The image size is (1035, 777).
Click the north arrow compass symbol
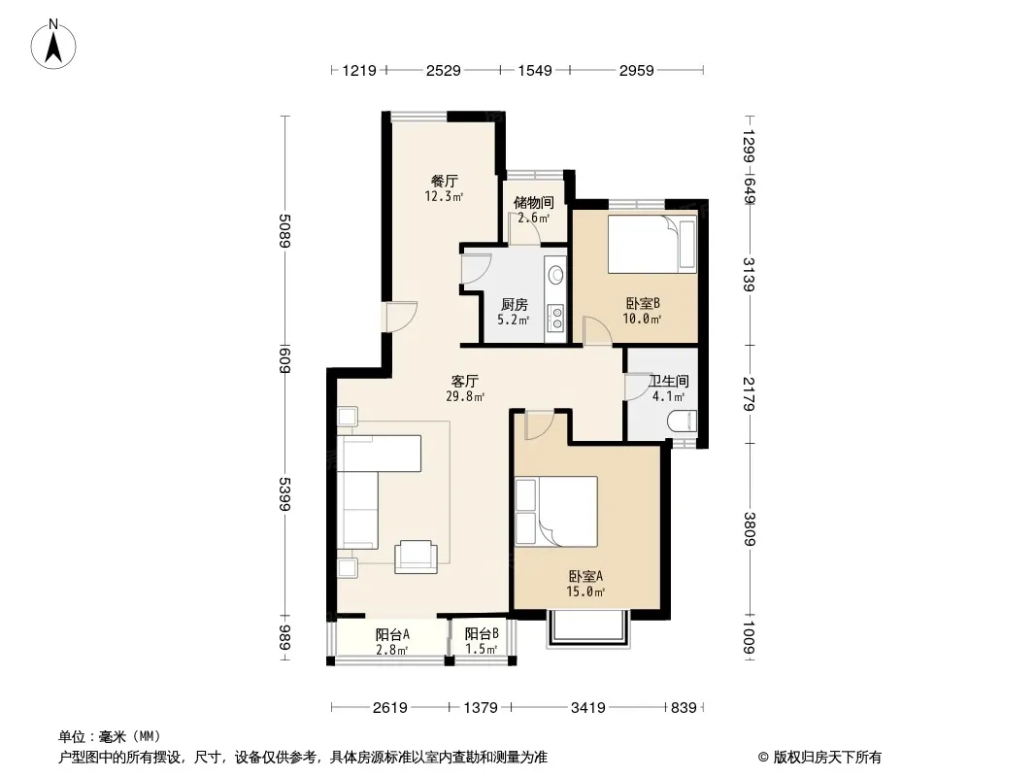[53, 45]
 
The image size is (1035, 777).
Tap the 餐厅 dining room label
[445, 181]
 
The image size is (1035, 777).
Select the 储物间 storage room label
[533, 203]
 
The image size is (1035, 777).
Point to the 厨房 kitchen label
[515, 304]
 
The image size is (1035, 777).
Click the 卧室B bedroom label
[643, 303]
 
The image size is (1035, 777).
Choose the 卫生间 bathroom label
[669, 381]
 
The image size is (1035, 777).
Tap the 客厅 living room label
[465, 381]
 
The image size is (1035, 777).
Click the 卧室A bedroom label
[585, 576]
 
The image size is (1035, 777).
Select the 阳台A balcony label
[393, 634]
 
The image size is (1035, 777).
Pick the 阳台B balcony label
[482, 634]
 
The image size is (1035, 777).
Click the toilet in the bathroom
[683, 422]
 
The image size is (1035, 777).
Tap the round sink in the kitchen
[555, 274]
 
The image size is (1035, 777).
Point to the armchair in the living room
[416, 557]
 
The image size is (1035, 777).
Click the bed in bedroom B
[652, 244]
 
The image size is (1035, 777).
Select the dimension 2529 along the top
[443, 70]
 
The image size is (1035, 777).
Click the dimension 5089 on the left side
[284, 230]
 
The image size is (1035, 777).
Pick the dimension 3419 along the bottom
[588, 708]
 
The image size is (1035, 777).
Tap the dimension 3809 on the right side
[749, 529]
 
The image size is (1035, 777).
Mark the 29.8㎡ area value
[465, 396]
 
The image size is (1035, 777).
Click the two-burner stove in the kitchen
[556, 317]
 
